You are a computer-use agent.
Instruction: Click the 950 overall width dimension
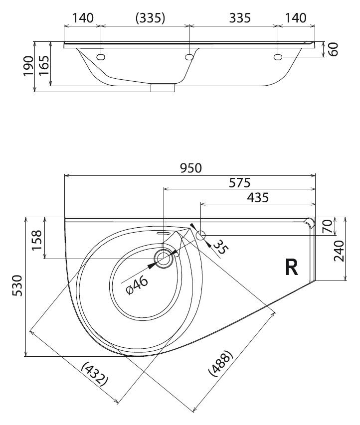click(x=191, y=168)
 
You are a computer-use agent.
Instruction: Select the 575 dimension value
click(x=239, y=183)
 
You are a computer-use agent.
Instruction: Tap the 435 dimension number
click(x=258, y=198)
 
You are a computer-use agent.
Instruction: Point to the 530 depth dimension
click(x=18, y=285)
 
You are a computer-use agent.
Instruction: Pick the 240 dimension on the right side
click(x=339, y=251)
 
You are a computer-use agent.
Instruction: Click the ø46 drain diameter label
click(x=137, y=285)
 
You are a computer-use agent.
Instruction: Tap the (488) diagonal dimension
click(x=221, y=363)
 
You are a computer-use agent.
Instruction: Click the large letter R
click(x=292, y=267)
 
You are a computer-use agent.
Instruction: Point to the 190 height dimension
click(x=29, y=66)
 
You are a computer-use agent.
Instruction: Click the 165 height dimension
click(x=44, y=66)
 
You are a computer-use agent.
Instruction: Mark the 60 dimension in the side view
click(x=334, y=49)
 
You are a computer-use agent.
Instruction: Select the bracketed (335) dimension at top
click(x=150, y=18)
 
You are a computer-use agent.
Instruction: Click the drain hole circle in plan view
click(x=164, y=259)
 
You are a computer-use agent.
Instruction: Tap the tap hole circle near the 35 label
click(x=201, y=235)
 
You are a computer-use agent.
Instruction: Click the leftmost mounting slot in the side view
click(x=101, y=57)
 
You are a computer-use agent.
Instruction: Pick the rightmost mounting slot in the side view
click(x=278, y=57)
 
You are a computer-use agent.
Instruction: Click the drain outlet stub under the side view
click(x=163, y=88)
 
